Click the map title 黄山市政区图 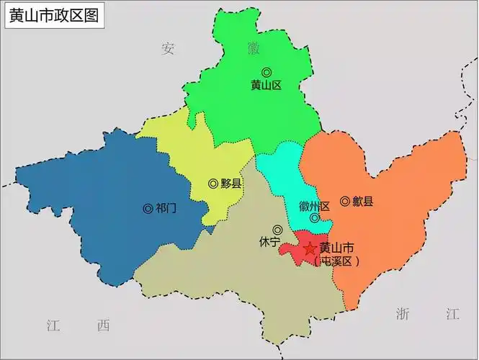[53, 14]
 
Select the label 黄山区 [266, 85]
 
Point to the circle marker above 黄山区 [267, 72]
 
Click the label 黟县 [231, 184]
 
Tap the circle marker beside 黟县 [213, 184]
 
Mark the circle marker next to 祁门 [148, 209]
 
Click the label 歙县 [362, 202]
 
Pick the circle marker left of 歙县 [345, 201]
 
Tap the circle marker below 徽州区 [314, 218]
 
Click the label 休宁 [269, 243]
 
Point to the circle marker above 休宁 [277, 230]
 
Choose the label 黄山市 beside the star [337, 248]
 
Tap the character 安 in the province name [169, 48]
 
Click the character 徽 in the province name [253, 48]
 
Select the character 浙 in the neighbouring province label [403, 313]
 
